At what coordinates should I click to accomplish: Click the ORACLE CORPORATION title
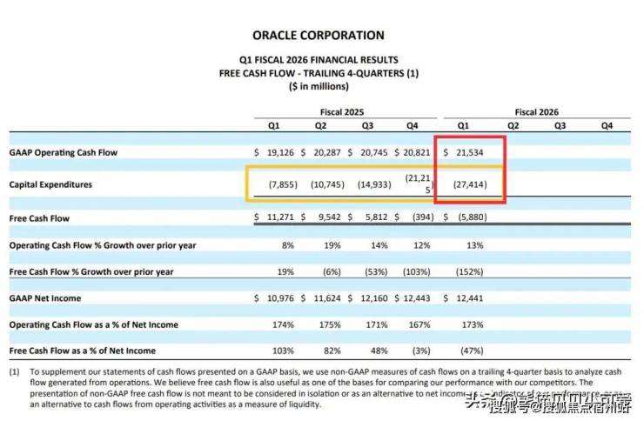pos(319,36)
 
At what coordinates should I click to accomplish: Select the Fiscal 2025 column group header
pos(342,112)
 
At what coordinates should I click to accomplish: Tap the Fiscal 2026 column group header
pos(536,112)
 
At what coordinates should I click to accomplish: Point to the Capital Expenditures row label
pos(50,185)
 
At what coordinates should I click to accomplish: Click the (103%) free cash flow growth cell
pos(416,271)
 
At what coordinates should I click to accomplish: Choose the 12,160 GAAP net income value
pos(372,298)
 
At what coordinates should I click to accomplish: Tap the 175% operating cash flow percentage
pos(329,324)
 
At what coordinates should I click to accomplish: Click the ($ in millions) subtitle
pos(319,86)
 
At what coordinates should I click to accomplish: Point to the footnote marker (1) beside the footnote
pos(15,371)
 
